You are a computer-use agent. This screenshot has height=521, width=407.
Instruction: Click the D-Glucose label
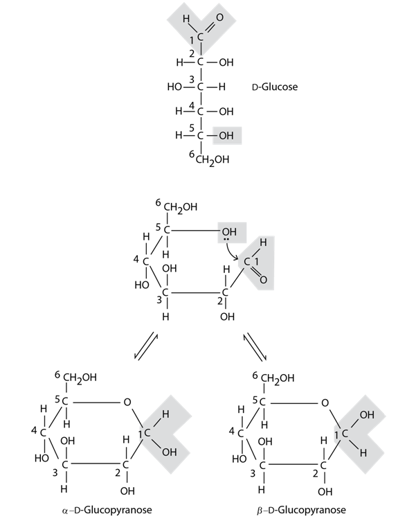(275, 87)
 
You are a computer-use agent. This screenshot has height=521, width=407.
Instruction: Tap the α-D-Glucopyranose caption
(107, 510)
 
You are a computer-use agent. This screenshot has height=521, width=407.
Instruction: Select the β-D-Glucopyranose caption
(301, 510)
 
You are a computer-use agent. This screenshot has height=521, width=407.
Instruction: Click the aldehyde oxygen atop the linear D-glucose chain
(220, 17)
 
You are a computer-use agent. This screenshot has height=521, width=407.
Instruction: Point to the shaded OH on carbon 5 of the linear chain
(226, 136)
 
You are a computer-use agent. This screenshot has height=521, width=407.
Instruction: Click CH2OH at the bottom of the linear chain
(212, 160)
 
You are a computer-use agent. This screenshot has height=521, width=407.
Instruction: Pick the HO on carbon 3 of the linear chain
(174, 87)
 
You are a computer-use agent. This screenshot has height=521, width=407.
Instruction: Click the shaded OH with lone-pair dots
(229, 231)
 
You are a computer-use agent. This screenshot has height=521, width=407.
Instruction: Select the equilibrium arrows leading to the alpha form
(146, 346)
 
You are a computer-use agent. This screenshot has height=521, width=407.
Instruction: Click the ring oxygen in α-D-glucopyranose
(127, 403)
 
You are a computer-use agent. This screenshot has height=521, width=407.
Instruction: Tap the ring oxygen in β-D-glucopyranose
(325, 403)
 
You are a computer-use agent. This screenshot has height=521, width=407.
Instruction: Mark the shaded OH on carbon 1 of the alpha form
(170, 452)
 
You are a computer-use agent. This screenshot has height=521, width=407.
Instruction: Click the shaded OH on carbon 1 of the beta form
(367, 415)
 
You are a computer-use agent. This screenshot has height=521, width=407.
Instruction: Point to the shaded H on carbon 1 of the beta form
(363, 452)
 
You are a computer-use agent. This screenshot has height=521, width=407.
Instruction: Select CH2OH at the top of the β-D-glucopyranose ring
(278, 378)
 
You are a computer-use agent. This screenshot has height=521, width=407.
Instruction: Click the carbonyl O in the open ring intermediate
(263, 280)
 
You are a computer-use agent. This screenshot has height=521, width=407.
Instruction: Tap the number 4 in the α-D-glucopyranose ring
(34, 431)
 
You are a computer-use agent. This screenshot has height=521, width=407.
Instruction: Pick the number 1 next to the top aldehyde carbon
(192, 40)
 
